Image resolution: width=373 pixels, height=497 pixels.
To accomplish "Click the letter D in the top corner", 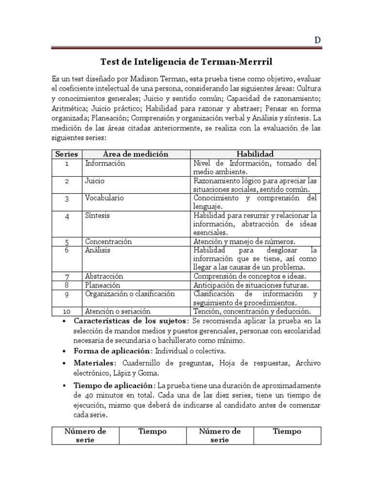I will pos(317,40).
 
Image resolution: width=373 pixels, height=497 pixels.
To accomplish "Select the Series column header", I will pos(67,154).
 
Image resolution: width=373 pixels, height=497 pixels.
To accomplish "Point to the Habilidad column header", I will pos(255,154).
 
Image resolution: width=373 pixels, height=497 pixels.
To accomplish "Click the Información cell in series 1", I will pos(105,163).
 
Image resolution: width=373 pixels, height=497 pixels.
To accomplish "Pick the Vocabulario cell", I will pos(104,198).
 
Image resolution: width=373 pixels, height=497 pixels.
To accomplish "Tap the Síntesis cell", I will pos(97,215).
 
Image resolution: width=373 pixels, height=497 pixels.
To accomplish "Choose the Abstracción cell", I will pos(104,276).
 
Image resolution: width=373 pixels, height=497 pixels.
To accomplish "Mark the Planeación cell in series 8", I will pos(102,285).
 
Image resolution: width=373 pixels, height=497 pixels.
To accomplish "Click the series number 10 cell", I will pos(67,311).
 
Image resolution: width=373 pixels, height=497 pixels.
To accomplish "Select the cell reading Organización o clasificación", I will pos(129,294).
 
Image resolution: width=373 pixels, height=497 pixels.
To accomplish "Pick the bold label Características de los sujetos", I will pos(130,321).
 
